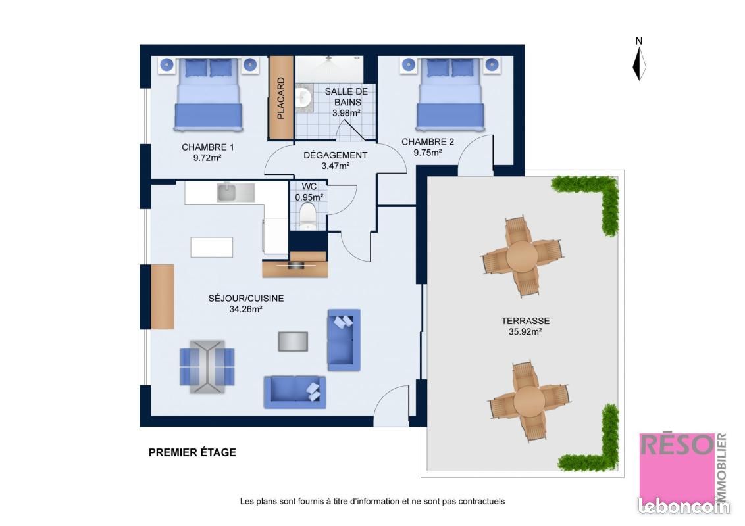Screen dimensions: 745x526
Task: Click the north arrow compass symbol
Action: (x=639, y=62)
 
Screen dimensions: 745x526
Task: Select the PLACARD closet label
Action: (x=281, y=98)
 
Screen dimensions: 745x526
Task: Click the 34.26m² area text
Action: (x=246, y=309)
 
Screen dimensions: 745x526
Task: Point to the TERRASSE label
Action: (x=525, y=321)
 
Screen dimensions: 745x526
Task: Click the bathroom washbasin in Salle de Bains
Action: (x=303, y=98)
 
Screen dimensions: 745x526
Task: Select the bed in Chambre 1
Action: (x=207, y=94)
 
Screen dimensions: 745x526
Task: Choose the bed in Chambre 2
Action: (x=450, y=94)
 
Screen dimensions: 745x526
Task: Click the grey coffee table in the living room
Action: (x=293, y=341)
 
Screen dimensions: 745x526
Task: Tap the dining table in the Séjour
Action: (x=207, y=366)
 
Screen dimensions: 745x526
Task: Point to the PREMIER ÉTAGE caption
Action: (x=192, y=452)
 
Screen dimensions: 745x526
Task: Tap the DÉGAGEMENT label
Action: (x=336, y=155)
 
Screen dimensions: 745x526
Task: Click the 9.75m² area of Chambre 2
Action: (x=428, y=153)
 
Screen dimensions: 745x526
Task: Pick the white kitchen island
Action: (x=212, y=247)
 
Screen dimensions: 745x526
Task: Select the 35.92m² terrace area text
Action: (x=525, y=332)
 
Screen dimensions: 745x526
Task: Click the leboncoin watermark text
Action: (x=684, y=506)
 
